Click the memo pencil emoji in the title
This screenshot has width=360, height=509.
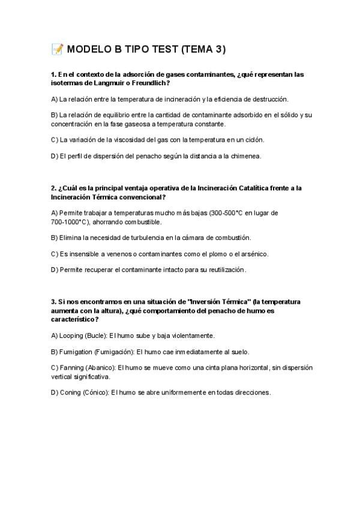pyautogui.click(x=58, y=49)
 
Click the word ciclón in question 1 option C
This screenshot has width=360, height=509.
pyautogui.click(x=254, y=139)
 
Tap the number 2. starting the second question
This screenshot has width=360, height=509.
pyautogui.click(x=54, y=188)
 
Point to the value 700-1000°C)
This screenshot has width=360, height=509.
pyautogui.click(x=70, y=221)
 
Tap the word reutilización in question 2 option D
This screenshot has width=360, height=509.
pyautogui.click(x=226, y=270)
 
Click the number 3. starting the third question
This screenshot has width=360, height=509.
pyautogui.click(x=54, y=302)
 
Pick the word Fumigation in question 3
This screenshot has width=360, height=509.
pyautogui.click(x=76, y=352)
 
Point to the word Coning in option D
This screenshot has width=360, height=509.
pyautogui.click(x=71, y=393)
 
